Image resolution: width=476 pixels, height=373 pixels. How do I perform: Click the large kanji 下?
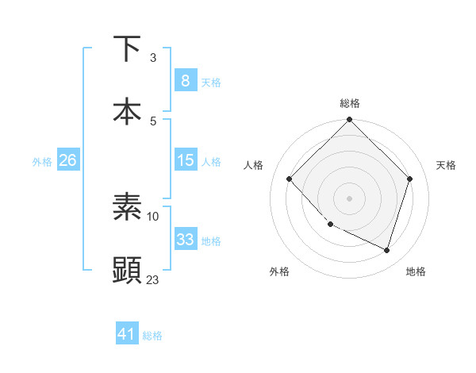127,48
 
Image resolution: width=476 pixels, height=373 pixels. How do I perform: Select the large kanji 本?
127,111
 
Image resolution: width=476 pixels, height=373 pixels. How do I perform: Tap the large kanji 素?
127,206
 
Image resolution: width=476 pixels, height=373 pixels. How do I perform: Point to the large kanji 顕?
127,270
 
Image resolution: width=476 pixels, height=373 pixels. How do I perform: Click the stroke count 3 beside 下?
153,58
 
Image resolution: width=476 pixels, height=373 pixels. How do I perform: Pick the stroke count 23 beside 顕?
152,279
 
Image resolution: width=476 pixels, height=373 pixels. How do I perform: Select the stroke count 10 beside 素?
152,217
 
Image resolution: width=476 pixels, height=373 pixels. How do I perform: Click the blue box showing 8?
186,80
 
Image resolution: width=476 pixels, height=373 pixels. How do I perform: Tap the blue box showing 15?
186,160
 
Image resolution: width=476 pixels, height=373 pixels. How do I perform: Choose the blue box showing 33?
186,238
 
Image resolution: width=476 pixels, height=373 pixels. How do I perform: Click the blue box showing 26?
68,160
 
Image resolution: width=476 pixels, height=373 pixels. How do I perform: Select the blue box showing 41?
127,333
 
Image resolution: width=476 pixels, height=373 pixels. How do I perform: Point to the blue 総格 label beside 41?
152,336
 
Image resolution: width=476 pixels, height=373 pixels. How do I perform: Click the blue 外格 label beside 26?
42,162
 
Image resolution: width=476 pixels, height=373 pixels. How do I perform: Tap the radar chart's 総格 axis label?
350,103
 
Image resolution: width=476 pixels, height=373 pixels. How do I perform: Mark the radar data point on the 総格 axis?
349,119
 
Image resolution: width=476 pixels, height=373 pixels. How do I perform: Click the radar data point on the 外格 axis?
331,224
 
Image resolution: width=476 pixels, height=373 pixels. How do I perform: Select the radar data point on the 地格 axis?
386,250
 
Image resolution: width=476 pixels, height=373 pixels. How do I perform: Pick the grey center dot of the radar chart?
349,198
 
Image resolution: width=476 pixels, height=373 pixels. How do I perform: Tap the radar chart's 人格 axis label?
253,165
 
